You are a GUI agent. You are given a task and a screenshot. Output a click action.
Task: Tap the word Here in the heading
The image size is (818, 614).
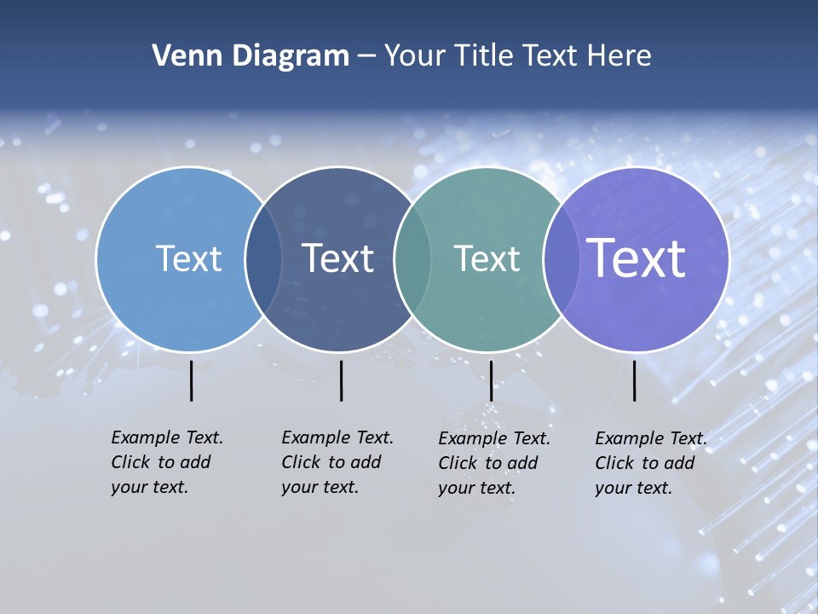click(x=619, y=56)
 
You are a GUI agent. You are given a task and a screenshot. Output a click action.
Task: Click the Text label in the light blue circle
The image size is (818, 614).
click(x=188, y=258)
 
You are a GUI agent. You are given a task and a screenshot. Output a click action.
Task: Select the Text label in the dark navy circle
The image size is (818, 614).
click(x=337, y=258)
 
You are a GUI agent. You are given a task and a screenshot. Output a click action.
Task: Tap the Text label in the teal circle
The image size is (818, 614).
click(x=487, y=258)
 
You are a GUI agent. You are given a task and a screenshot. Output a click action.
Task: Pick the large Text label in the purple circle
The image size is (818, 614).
click(x=636, y=258)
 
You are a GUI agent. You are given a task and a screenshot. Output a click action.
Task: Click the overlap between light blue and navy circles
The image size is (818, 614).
click(x=263, y=258)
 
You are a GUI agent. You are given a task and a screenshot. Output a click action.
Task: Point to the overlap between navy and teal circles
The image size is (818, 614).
click(x=412, y=258)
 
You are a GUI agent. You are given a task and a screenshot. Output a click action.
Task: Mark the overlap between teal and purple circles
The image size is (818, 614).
click(x=561, y=258)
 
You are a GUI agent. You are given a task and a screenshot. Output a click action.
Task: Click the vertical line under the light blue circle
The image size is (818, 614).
click(x=192, y=380)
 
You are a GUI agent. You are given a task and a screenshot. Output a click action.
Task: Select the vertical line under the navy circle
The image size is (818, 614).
click(x=341, y=380)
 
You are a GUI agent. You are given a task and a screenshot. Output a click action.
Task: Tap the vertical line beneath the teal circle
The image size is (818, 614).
click(x=492, y=380)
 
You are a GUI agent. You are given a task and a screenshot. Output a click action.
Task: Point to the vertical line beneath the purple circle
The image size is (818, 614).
click(x=635, y=380)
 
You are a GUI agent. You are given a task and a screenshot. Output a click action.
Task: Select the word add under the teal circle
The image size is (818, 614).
click(x=523, y=463)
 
